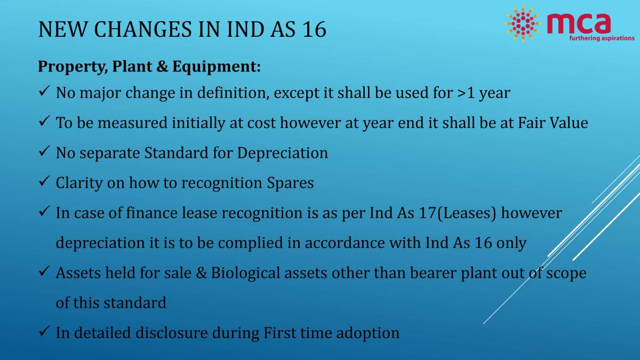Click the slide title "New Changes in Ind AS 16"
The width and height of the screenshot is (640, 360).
point(182,29)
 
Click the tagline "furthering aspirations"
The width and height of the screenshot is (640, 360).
point(602,38)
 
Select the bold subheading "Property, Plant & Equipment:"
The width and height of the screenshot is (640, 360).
point(149,67)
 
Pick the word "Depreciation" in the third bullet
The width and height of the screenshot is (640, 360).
point(283,153)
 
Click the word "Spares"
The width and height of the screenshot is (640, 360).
point(290,183)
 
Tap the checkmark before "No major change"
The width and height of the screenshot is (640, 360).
point(44,93)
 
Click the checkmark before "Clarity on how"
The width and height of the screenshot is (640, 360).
point(44,182)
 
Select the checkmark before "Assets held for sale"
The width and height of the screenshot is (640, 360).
point(44,273)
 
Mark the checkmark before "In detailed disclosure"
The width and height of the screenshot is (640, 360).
point(44,332)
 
